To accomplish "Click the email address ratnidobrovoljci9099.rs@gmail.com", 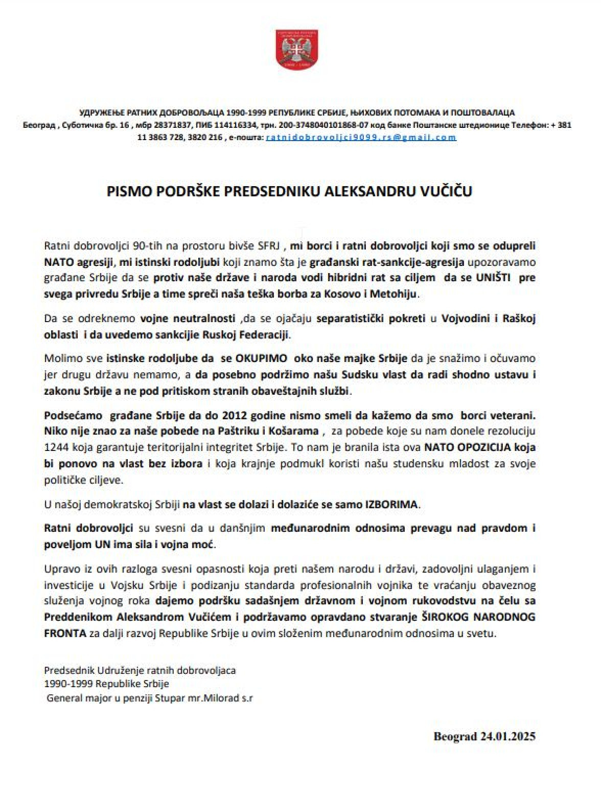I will pyautogui.click(x=361, y=138).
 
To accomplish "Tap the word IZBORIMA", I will pyautogui.click(x=391, y=504).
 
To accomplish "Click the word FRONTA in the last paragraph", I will pyautogui.click(x=65, y=633).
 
